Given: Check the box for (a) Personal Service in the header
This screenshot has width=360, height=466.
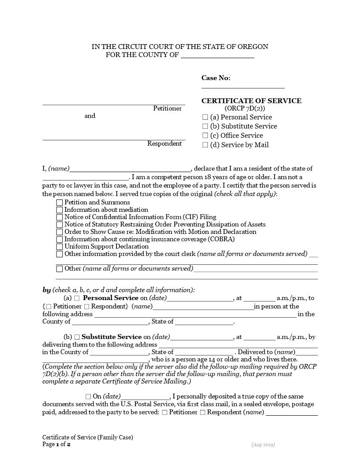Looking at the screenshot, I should (x=205, y=117).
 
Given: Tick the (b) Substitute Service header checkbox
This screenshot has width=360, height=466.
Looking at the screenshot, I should (x=205, y=127).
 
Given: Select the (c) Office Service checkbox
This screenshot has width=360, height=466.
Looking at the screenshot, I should (x=205, y=136).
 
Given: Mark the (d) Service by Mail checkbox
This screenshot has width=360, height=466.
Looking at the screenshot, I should (x=205, y=145).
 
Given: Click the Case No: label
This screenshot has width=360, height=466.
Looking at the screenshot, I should (x=216, y=78).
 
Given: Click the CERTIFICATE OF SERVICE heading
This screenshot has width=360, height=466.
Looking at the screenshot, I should (x=251, y=101).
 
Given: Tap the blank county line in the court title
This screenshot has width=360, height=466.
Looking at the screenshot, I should (x=217, y=55).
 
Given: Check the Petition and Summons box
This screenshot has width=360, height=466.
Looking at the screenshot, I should (x=60, y=203).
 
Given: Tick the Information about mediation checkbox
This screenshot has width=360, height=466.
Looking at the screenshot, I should (x=60, y=210).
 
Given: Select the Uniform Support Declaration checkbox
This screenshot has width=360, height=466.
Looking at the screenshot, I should (x=60, y=247).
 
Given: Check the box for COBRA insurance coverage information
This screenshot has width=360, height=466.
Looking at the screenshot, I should (x=60, y=239).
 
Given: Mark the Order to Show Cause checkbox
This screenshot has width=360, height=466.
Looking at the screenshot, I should (x=60, y=232).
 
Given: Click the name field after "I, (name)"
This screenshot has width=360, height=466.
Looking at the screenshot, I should (x=130, y=168).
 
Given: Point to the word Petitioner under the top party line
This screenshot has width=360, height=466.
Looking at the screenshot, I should (x=167, y=109).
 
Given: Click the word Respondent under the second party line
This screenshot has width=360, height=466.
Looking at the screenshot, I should (x=164, y=144).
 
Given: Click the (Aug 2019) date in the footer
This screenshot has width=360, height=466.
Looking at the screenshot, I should (x=263, y=445).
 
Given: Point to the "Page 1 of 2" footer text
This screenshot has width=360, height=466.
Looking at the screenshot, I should (x=56, y=444).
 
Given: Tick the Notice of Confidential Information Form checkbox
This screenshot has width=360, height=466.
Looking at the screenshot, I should (x=60, y=217).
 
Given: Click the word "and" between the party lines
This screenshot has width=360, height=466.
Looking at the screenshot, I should (x=90, y=116).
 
